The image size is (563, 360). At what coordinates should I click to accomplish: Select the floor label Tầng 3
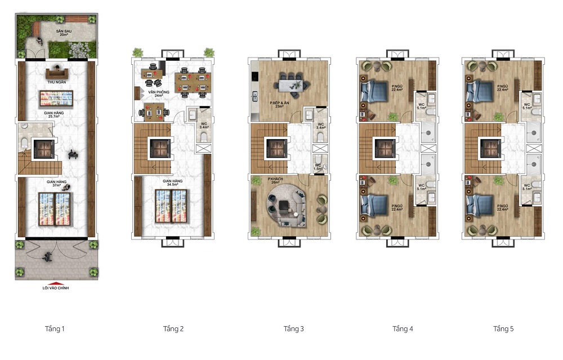click(x=294, y=328)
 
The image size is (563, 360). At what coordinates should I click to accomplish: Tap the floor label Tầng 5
click(x=503, y=328)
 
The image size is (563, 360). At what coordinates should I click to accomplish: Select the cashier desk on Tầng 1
click(x=56, y=72)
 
